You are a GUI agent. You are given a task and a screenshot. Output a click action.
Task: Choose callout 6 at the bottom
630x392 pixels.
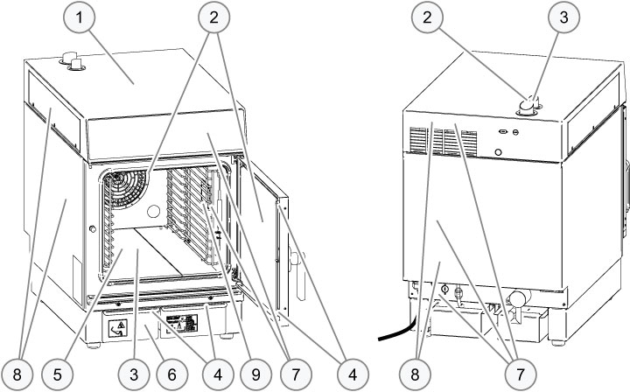171,374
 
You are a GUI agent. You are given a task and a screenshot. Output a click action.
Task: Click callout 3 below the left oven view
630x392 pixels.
134,374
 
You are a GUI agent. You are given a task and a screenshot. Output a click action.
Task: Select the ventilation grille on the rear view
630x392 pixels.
423,140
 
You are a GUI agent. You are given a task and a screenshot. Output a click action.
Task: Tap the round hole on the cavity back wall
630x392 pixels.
154,211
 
